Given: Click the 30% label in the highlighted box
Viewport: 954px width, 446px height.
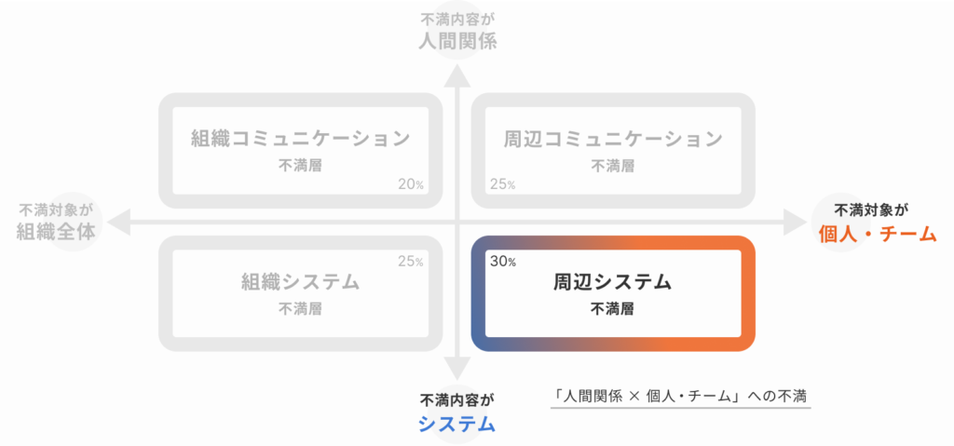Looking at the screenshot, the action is point(502,263).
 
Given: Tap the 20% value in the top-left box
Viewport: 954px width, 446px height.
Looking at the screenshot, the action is point(411,184).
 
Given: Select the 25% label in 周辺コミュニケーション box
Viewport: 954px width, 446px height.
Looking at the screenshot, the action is point(502,184).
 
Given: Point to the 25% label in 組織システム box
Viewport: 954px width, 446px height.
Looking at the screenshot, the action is point(410,262).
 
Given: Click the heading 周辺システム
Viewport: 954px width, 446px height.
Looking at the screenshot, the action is point(613,282).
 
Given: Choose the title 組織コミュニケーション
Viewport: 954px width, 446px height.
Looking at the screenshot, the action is point(300,139).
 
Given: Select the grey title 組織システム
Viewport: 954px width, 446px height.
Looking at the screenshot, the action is point(300,282).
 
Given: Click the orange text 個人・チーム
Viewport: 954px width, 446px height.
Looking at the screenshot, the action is point(877,234).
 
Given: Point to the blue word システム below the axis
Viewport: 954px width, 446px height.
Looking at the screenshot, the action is point(457,424).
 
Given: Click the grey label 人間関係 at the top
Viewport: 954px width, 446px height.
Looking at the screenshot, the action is point(457,41).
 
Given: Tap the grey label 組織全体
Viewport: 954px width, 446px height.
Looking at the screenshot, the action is point(56,232).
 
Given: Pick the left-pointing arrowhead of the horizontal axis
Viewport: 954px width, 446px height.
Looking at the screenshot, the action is point(119,222).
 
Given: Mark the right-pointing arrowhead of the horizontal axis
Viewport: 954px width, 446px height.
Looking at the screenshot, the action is point(795,222).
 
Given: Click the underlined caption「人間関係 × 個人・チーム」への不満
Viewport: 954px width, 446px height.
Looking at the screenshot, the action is point(680,396).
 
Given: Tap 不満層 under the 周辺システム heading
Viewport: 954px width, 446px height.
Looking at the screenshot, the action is point(613,308).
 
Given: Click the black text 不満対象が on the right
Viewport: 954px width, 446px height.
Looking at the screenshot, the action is point(871,210).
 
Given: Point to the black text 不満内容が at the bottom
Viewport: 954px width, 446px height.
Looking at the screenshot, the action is point(457,400).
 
